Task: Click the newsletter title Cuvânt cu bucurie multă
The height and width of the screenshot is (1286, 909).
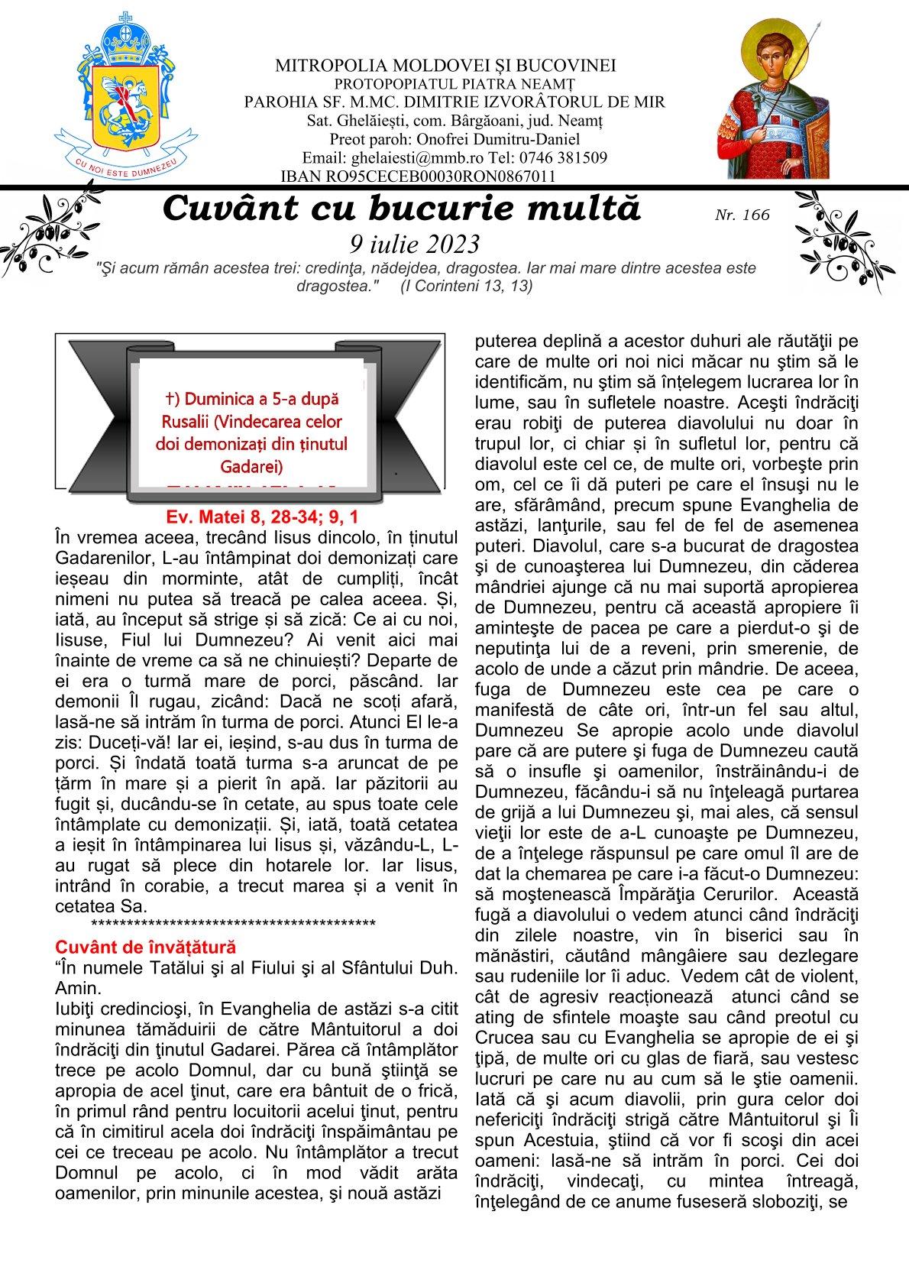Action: [x=402, y=209]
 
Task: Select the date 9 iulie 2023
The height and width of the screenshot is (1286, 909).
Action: [x=414, y=244]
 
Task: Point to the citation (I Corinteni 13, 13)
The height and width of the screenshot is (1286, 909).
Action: [x=466, y=286]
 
